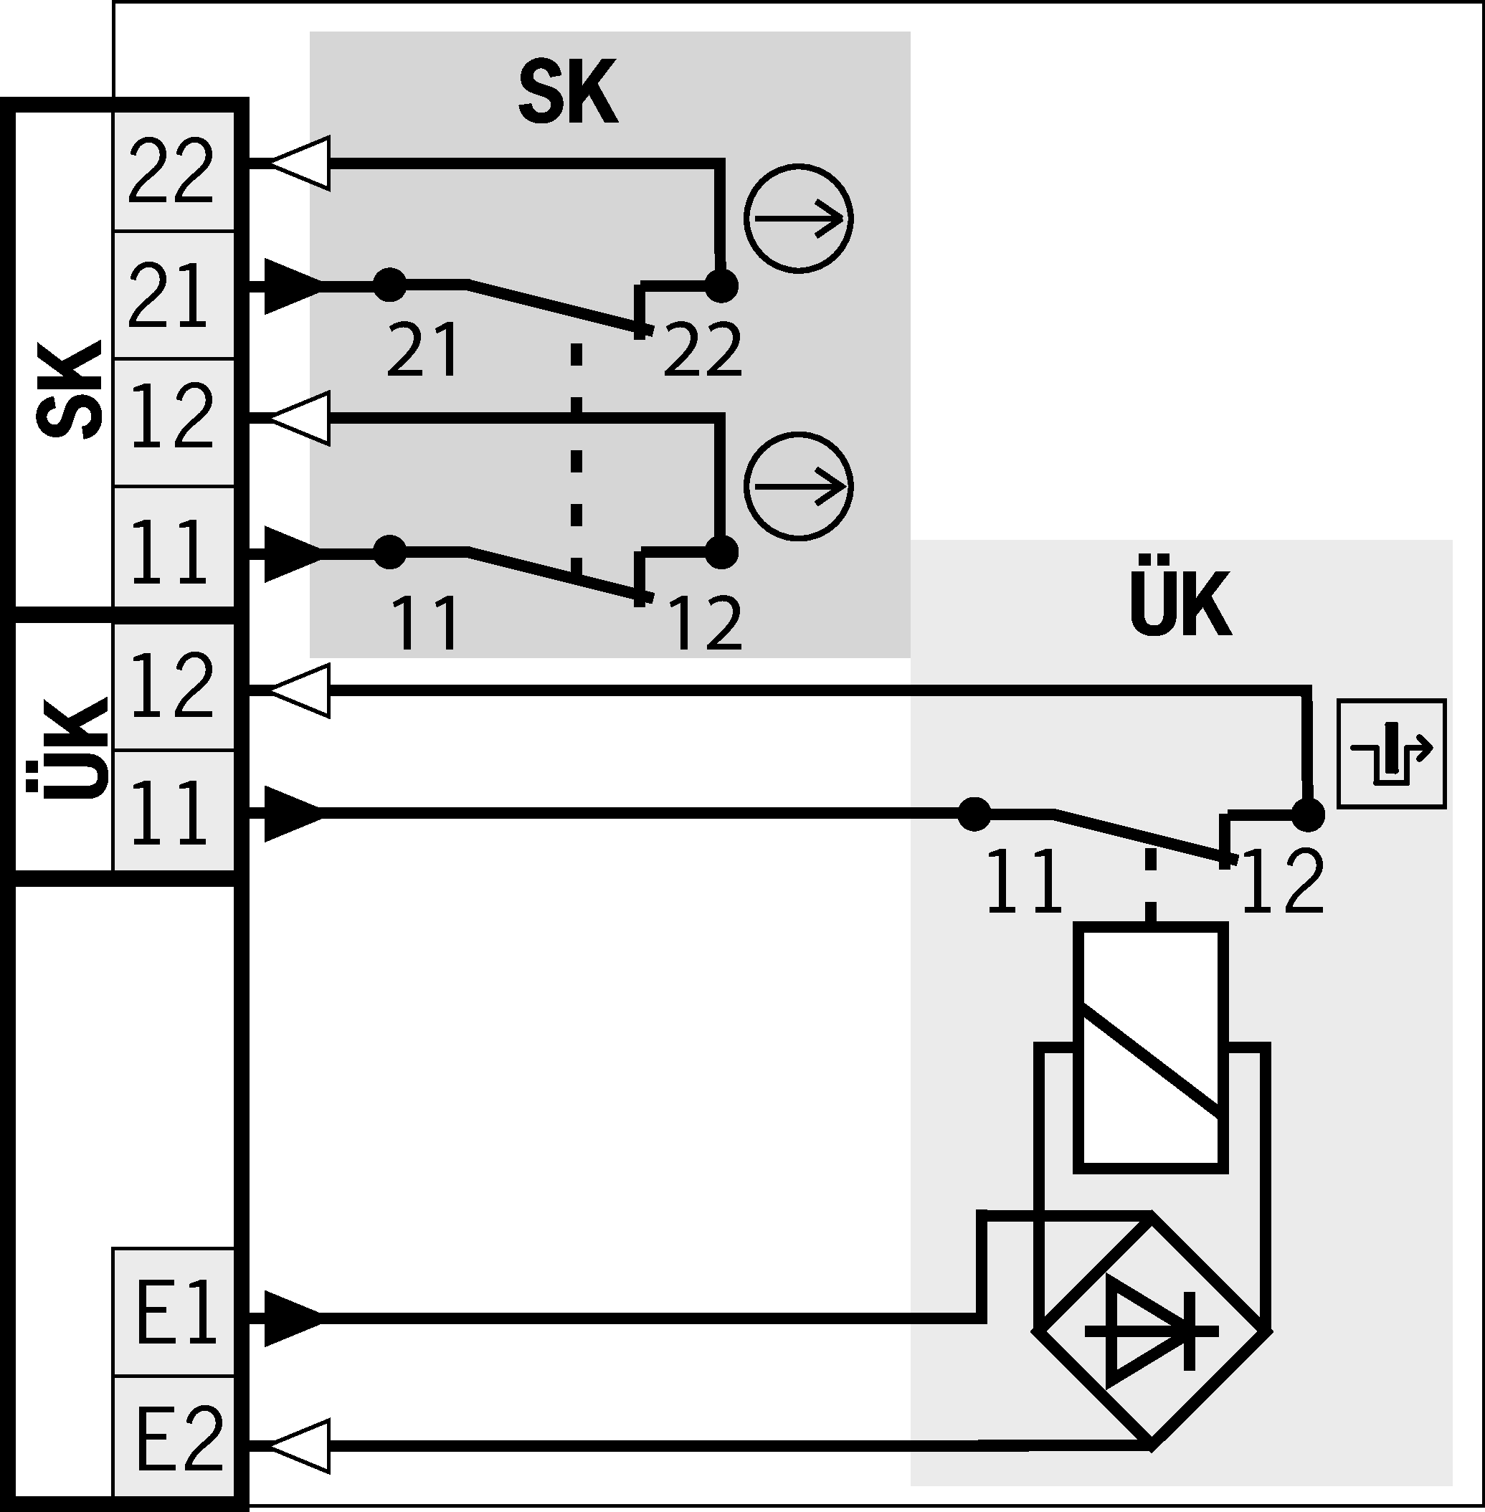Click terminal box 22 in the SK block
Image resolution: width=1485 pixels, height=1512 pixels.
tap(173, 171)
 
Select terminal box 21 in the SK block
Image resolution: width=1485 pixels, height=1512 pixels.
tap(173, 295)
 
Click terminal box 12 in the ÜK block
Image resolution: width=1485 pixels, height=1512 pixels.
tap(173, 686)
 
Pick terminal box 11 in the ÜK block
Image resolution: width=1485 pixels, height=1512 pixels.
tap(173, 811)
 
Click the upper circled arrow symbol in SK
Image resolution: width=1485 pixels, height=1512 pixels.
tap(798, 219)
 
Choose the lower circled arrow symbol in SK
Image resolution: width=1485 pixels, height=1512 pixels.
tap(798, 486)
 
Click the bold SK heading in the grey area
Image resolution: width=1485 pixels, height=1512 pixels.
tap(568, 92)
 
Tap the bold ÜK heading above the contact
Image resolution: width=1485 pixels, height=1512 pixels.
tap(1180, 604)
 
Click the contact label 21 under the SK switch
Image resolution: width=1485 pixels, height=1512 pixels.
tap(423, 350)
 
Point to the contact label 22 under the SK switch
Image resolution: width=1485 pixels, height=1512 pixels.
tap(702, 350)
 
